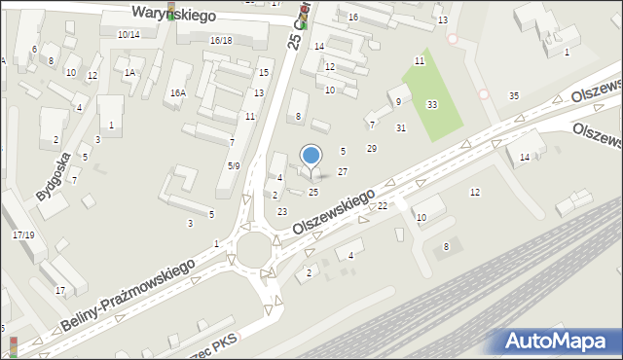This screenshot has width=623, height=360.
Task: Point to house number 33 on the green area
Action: pos(431,104)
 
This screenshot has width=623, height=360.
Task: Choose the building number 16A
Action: pos(177,92)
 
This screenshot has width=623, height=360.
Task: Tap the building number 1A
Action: pos(129,72)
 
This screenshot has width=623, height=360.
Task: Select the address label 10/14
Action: pos(128,34)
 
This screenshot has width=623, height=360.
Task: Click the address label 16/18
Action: pos(221,40)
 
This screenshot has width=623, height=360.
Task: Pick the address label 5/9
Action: pos(234,165)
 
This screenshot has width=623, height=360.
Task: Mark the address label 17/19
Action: pos(23,234)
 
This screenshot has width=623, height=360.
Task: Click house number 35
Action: pos(514,95)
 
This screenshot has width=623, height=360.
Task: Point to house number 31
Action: pos(400,127)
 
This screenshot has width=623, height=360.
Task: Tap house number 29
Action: pos(371,148)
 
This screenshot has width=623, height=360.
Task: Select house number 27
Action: pos(342,171)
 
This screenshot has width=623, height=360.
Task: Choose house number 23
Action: pos(282,211)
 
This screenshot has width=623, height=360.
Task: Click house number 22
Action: pos(383,205)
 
